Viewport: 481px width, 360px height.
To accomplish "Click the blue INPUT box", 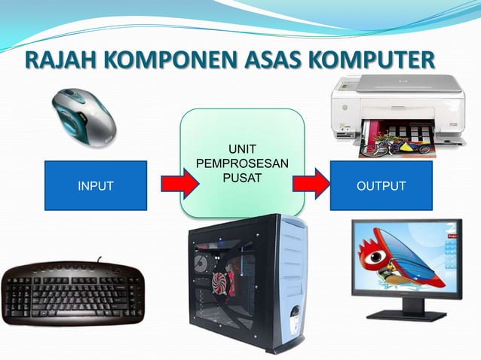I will (96, 185).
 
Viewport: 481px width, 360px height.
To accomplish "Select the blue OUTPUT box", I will (381, 185).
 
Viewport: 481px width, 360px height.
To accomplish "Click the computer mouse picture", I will (84, 117).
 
